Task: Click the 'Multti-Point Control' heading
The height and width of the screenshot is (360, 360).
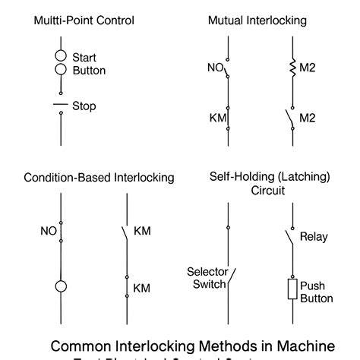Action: [83, 21]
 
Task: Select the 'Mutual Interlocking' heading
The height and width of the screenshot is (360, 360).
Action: [257, 21]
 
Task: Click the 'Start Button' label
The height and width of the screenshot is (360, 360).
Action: [89, 64]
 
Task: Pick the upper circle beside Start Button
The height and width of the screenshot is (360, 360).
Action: [61, 56]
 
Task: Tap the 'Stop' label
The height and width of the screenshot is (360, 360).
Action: [84, 106]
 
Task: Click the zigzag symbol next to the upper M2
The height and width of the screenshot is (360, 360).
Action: [291, 68]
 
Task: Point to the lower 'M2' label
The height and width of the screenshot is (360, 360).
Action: [307, 118]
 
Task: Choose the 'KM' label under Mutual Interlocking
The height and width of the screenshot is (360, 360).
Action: [218, 118]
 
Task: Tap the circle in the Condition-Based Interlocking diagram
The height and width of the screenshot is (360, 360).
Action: [60, 286]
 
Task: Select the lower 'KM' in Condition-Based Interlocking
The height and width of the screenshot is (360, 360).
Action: [142, 288]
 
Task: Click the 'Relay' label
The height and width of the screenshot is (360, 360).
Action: [314, 237]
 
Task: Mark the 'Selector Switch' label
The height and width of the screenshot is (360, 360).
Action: [206, 277]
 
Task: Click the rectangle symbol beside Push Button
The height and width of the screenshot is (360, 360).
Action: [291, 289]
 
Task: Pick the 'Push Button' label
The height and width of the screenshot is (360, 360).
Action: [316, 292]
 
